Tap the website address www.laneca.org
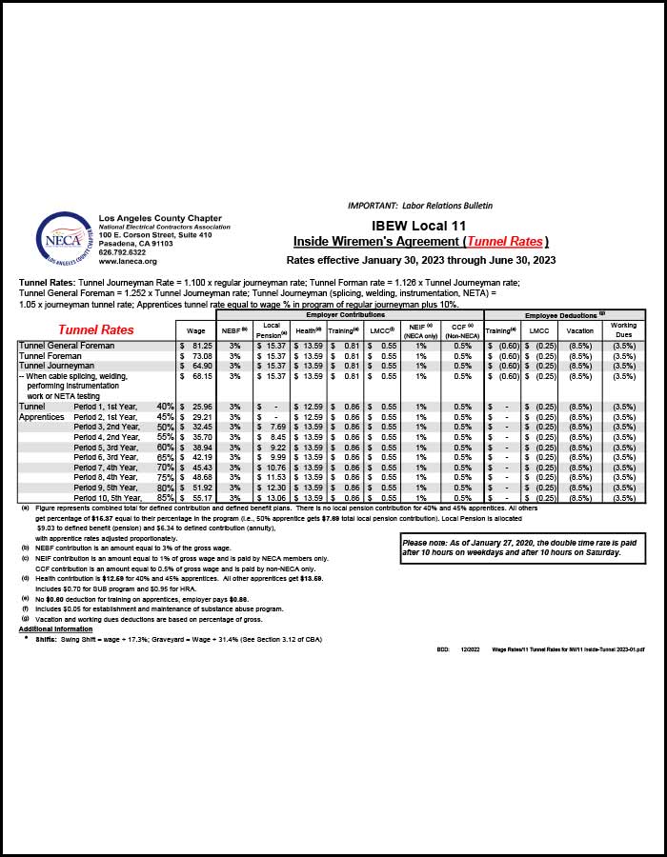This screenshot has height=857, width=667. [128, 261]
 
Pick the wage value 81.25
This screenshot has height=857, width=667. [201, 346]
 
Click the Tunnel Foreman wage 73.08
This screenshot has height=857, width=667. [201, 355]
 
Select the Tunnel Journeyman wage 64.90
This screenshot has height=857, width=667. [201, 366]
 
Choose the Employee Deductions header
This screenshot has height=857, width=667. [565, 314]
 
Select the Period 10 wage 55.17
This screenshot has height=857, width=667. [201, 498]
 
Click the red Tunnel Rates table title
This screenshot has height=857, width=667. [96, 329]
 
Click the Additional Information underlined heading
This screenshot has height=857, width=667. [55, 629]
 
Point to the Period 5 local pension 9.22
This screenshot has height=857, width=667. [272, 447]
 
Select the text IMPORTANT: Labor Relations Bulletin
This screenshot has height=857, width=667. [420, 205]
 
